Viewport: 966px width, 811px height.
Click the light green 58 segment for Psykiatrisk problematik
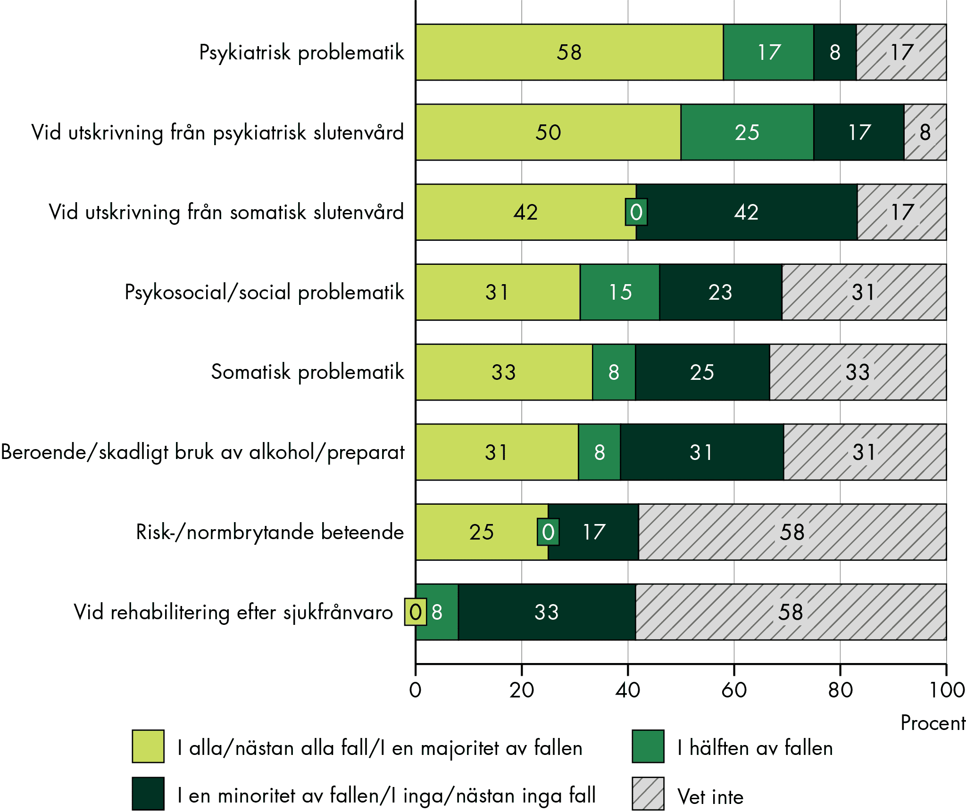click(569, 52)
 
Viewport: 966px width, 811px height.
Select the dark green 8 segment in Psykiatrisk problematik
click(835, 52)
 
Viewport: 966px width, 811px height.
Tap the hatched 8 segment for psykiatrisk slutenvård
click(925, 132)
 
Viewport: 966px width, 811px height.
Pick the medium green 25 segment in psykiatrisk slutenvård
click(747, 132)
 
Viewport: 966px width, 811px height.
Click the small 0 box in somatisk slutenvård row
click(636, 212)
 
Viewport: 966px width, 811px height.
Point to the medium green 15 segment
click(620, 292)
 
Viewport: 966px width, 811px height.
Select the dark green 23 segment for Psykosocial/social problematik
click(720, 292)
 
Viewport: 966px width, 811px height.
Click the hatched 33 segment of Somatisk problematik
click(858, 372)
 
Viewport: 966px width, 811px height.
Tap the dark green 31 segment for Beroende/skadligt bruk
click(701, 452)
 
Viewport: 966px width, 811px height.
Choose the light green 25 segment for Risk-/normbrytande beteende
click(482, 532)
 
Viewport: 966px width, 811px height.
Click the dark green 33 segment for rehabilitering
click(547, 612)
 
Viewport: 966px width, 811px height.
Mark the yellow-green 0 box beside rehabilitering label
click(415, 612)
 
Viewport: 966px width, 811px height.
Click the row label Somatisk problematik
click(308, 372)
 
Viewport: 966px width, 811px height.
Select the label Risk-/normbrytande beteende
click(270, 532)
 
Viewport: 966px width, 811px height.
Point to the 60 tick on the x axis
click(734, 690)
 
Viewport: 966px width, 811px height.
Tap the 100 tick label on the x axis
click(946, 690)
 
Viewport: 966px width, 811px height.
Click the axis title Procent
click(933, 723)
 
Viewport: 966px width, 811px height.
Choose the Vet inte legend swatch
click(648, 794)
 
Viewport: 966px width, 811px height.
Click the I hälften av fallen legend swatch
click(648, 746)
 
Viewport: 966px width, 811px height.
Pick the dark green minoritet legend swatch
click(148, 794)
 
